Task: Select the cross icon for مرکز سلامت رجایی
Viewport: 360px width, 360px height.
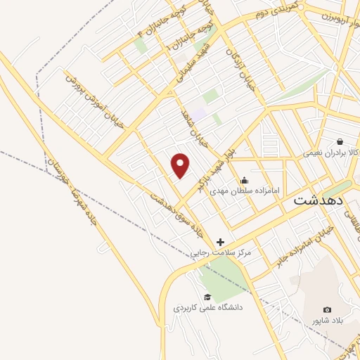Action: click(x=220, y=242)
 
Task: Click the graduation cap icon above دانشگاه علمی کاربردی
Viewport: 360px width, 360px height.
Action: click(x=207, y=297)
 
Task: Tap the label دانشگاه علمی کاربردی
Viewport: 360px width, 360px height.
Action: click(x=208, y=308)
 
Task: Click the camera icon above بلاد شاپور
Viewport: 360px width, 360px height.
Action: click(x=327, y=310)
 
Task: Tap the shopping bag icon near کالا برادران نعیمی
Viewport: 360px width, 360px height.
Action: click(x=340, y=141)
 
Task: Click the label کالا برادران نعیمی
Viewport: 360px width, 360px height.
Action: click(x=331, y=152)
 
